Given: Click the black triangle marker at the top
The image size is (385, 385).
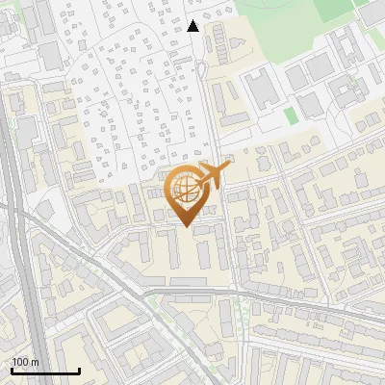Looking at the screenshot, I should pos(193,26).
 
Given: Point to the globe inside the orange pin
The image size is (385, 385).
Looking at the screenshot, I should pos(188,191).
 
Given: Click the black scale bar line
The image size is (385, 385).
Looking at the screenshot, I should pos(45,371).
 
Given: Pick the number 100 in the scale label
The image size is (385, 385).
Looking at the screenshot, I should pos(20,362).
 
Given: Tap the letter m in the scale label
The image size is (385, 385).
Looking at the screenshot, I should pos(35,362).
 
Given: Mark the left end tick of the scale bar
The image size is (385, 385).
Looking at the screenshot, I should pos(12,369).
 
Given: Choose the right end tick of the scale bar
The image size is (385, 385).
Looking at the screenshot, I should pos(79,369).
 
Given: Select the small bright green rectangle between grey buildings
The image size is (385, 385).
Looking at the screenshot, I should pos(292,115).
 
